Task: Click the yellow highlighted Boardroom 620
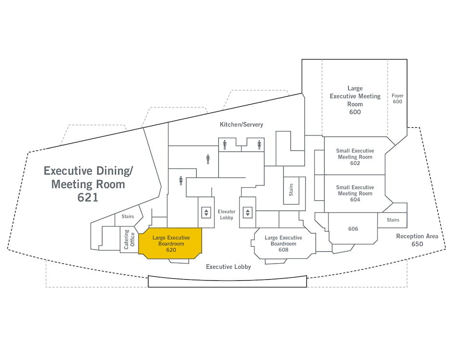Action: pyautogui.click(x=171, y=243)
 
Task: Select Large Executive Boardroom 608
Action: pyautogui.click(x=283, y=244)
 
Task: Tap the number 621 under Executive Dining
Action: pyautogui.click(x=88, y=197)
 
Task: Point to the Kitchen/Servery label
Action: pyautogui.click(x=241, y=124)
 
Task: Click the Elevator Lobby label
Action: pyautogui.click(x=226, y=214)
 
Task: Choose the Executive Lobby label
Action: pyautogui.click(x=228, y=267)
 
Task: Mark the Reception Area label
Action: pyautogui.click(x=417, y=236)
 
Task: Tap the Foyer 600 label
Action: pyautogui.click(x=397, y=99)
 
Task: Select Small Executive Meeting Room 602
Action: pyautogui.click(x=355, y=157)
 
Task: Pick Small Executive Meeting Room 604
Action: pyautogui.click(x=355, y=193)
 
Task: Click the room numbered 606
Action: pyautogui.click(x=353, y=229)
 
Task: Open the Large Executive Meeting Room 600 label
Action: pyautogui.click(x=355, y=100)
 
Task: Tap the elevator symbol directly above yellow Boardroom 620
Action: pyautogui.click(x=206, y=212)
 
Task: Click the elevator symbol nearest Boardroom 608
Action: pyautogui.click(x=248, y=212)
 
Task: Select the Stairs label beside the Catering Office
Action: pyautogui.click(x=127, y=217)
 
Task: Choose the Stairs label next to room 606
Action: pyautogui.click(x=393, y=220)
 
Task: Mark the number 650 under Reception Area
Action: pyautogui.click(x=417, y=244)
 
